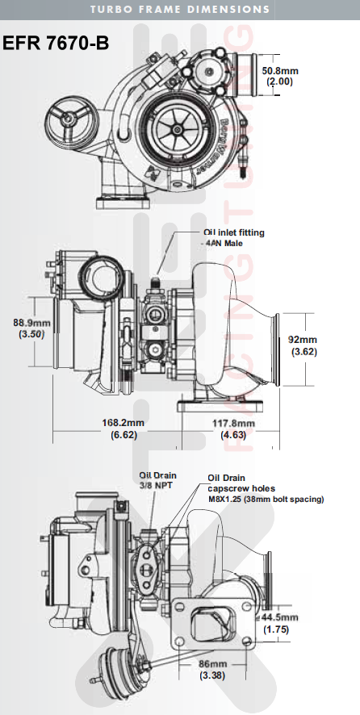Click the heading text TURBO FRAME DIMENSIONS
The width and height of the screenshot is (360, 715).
click(180, 10)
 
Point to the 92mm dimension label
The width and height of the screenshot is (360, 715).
click(304, 340)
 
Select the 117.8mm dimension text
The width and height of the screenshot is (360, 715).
click(233, 423)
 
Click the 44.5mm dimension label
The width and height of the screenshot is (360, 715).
click(280, 617)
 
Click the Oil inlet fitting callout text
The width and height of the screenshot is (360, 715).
click(233, 232)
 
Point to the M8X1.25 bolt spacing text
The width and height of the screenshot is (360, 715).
click(266, 500)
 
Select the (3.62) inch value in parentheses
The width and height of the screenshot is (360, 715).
click(304, 352)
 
